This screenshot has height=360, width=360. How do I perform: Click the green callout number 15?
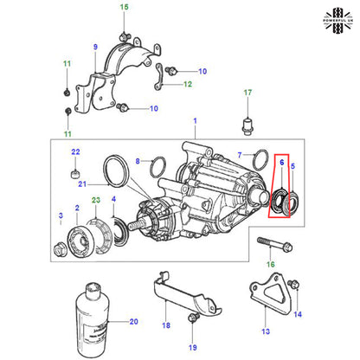pyautogui.click(x=123, y=8)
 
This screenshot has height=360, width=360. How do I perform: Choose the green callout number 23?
pyautogui.click(x=96, y=200)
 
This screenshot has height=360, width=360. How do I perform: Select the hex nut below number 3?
pyautogui.click(x=61, y=248)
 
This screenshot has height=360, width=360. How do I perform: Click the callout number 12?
pyautogui.click(x=187, y=85)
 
